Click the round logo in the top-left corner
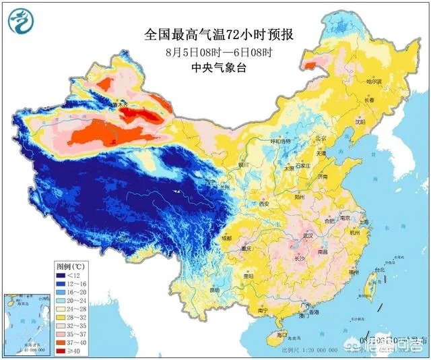point(20,21)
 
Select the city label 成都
point(226,238)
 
